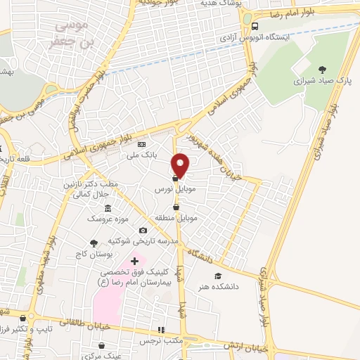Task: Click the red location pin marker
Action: [x=181, y=165]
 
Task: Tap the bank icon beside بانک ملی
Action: [x=141, y=145]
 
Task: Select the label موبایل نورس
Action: [x=174, y=191]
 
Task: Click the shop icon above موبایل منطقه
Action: [x=174, y=207]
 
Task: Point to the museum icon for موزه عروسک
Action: [x=107, y=208]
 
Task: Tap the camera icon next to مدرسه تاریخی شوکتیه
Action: [x=143, y=230]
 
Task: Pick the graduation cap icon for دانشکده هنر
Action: [x=217, y=276]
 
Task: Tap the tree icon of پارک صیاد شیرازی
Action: [x=322, y=69]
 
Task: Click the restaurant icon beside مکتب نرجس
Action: [x=161, y=329]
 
